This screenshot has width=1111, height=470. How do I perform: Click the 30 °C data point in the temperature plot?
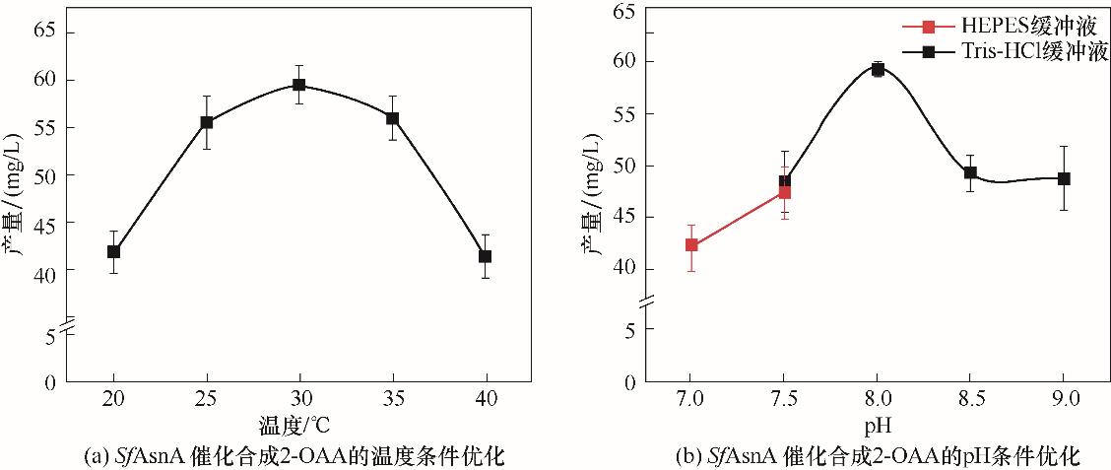298,85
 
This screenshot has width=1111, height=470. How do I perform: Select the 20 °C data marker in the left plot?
113,251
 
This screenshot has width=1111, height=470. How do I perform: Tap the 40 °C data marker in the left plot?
485,256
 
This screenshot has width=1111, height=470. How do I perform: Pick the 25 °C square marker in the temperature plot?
207,122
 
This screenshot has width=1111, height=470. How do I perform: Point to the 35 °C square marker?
392,118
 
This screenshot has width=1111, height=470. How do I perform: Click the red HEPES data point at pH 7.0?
691,244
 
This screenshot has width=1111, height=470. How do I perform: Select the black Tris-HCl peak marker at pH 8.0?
878,69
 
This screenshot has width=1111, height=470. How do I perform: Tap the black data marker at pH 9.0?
1064,178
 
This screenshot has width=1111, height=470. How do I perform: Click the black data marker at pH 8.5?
970,172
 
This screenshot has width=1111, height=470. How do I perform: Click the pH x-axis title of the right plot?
878,427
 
